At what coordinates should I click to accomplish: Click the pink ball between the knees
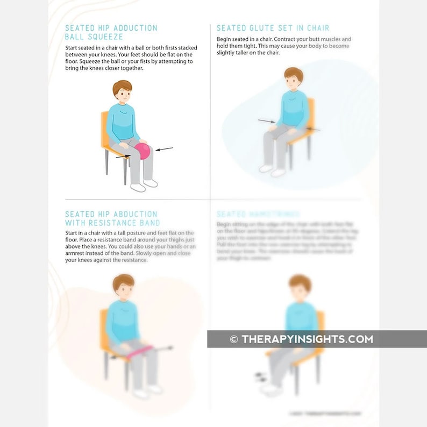tap(142, 151)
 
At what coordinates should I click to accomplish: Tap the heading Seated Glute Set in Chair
tap(273, 28)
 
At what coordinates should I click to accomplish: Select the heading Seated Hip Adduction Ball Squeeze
tap(111, 32)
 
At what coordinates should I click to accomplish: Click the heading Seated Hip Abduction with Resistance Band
tap(112, 218)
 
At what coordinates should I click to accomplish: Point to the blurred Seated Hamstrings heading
tap(258, 214)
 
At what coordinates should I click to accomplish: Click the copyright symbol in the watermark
tap(233, 339)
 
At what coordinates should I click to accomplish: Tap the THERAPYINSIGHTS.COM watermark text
tap(307, 339)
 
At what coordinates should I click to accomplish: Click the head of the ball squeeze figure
tap(122, 92)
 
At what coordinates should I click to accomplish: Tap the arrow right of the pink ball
tap(165, 148)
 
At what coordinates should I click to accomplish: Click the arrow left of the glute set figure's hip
tap(266, 122)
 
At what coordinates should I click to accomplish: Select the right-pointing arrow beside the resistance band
tap(164, 348)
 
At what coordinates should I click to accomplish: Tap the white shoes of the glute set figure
tap(272, 171)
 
